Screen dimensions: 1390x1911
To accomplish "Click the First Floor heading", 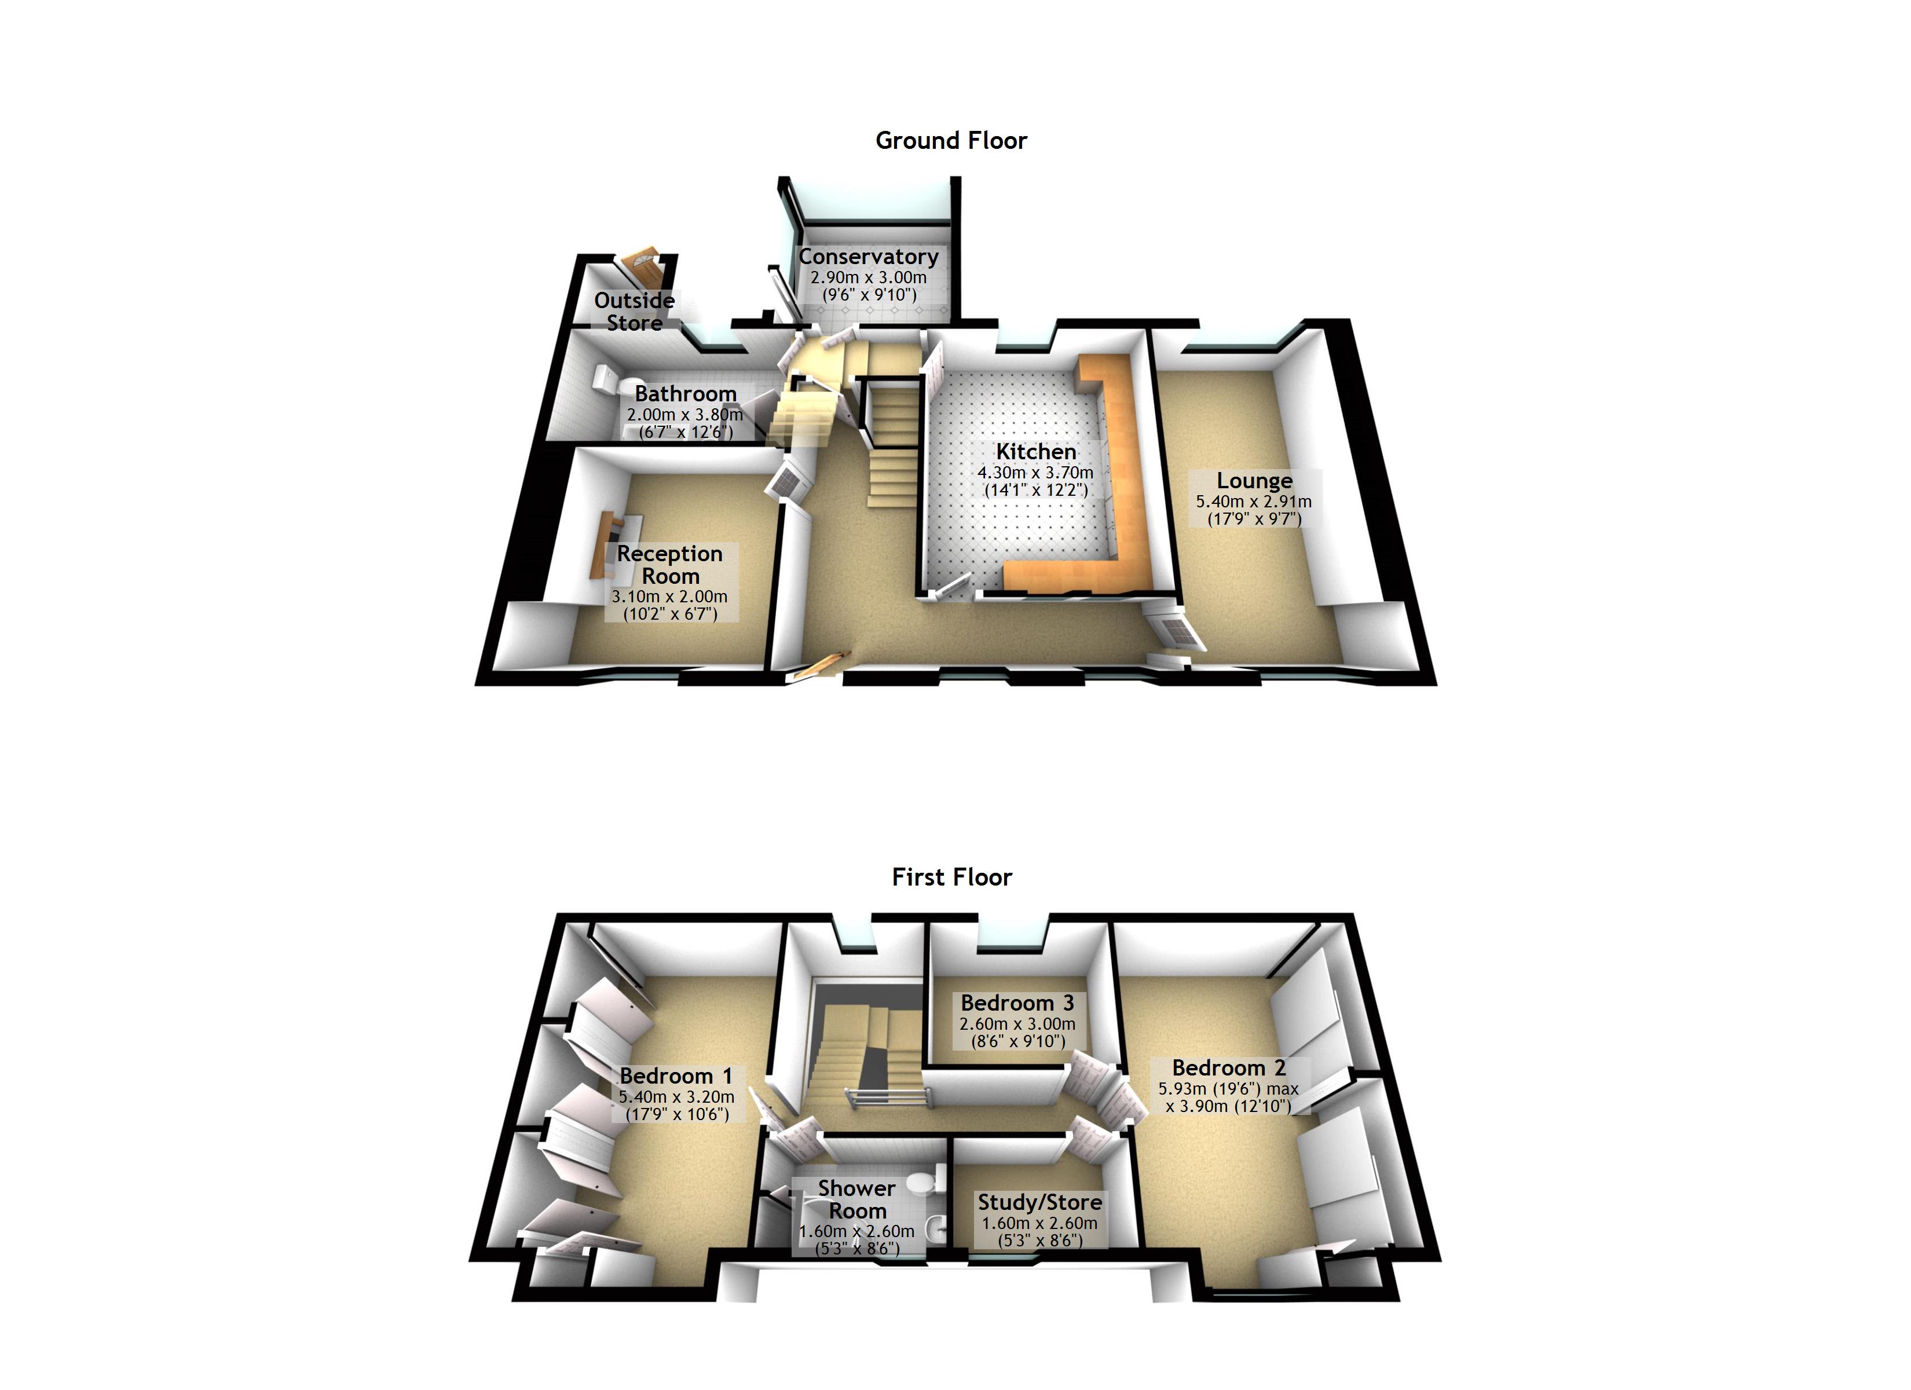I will [x=951, y=877].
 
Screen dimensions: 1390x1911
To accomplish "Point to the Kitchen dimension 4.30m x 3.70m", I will [x=1035, y=473].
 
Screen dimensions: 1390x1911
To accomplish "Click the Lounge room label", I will [x=1254, y=481].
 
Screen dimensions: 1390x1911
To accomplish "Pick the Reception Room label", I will [x=670, y=565].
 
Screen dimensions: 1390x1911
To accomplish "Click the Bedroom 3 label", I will [x=1017, y=1003].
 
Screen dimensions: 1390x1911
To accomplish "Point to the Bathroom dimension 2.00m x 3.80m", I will [x=684, y=415].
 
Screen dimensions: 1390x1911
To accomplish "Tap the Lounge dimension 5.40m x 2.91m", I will [x=1253, y=502].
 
